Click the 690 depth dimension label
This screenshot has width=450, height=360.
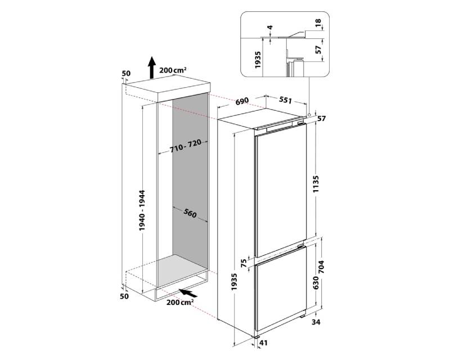coord(242,101)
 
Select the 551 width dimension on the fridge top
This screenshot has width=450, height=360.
coord(285,100)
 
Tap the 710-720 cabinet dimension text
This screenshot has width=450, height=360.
coord(185,147)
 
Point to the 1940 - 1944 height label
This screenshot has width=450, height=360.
coord(142,210)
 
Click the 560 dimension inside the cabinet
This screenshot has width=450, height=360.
coord(190,213)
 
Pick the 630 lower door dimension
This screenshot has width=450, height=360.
coord(316,283)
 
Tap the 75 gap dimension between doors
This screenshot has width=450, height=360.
coord(244,263)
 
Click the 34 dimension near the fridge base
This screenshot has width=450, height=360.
coord(316,322)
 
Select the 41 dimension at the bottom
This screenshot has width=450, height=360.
coord(263,343)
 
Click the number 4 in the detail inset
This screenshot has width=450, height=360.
coord(269,28)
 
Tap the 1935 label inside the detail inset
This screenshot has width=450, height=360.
coord(258,60)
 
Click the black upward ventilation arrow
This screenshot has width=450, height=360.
coord(152,67)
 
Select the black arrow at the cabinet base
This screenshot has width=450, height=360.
coord(189,293)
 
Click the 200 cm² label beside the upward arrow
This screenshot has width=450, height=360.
coord(173,70)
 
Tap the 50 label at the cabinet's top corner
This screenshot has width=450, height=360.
coord(126,74)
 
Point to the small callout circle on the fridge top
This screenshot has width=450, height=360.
coord(309,115)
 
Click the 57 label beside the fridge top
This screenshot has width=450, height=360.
coord(322,118)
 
